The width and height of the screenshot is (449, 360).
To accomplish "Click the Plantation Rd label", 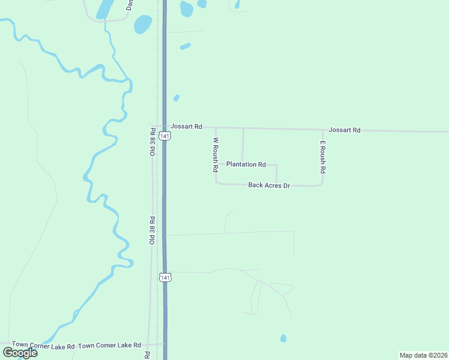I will [246, 164].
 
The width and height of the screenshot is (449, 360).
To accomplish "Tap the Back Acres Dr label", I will [269, 185].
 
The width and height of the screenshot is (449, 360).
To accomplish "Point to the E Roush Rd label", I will [322, 157].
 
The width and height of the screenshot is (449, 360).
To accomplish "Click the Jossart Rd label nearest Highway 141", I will [186, 127].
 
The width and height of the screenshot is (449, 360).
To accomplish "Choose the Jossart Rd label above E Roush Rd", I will [344, 130].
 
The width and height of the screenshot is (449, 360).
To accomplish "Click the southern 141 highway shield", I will [166, 277].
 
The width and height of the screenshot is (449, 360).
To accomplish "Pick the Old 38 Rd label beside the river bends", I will [152, 230].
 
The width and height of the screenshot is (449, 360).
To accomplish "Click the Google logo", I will [20, 353].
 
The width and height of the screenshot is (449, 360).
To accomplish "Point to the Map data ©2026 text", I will [423, 355].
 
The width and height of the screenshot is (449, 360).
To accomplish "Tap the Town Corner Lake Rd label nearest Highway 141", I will [109, 346].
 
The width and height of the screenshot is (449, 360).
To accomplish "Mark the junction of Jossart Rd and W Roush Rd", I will [215, 127].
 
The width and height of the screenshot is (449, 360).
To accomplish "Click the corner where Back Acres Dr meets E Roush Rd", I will [322, 185].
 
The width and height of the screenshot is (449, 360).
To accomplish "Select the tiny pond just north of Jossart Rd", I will [176, 98].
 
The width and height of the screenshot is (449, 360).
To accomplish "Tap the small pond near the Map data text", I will [283, 338].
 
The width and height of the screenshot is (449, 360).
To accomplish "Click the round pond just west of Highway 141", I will [143, 25].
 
